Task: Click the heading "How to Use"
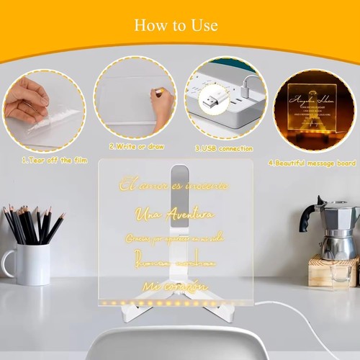pos(175,25)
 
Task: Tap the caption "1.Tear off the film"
pos(44,159)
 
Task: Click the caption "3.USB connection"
pos(224,148)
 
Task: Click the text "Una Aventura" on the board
pos(175,215)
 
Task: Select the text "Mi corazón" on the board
pos(173,286)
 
